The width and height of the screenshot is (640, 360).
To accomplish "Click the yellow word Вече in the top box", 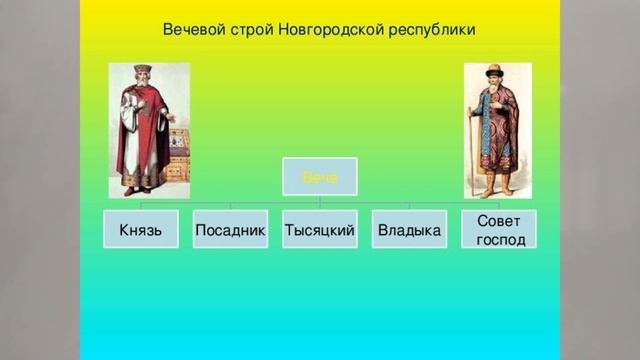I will (x=319, y=178).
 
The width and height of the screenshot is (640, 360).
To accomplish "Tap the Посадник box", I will (x=230, y=230).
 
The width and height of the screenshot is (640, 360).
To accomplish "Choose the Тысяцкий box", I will (x=319, y=230).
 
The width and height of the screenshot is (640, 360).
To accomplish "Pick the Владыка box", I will (x=408, y=230).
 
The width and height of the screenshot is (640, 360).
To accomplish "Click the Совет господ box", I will (x=499, y=229).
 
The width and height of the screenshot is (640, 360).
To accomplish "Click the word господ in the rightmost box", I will (x=500, y=240).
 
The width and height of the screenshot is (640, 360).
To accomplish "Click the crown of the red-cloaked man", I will (x=142, y=69).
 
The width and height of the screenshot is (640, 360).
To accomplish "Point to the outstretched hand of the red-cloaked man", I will (x=172, y=118).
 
